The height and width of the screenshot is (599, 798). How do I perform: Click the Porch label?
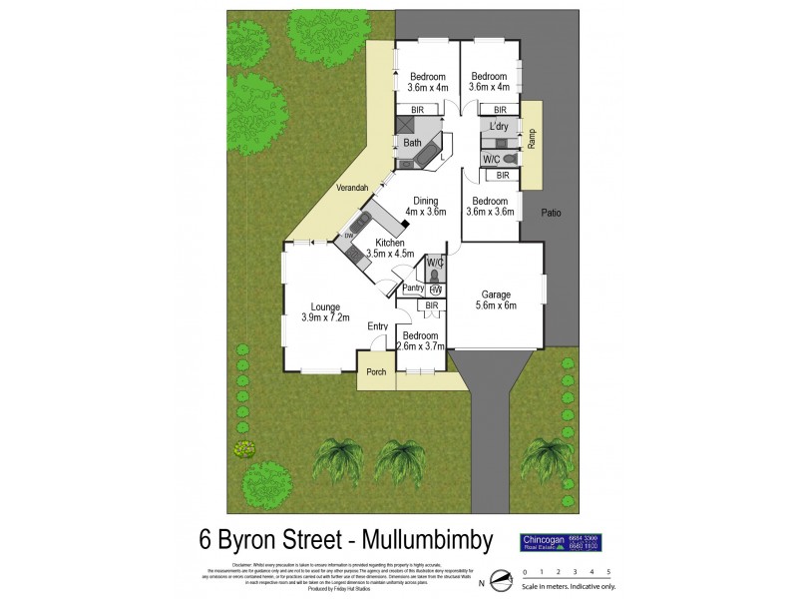pos(376,372)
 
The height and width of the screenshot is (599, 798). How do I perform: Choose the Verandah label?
pos(353,189)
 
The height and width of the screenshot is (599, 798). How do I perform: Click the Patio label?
pos(550,213)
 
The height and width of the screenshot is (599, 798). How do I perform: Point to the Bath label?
pos(412,144)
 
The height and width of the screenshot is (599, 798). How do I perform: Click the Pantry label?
pos(413,289)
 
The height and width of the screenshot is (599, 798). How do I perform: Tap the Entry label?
pos(377,326)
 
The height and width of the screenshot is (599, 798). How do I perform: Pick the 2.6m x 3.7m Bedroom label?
pos(420,341)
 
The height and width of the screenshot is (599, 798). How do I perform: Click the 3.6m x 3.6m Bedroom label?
pos(491,206)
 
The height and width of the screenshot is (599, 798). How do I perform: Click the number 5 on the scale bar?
pos(622,572)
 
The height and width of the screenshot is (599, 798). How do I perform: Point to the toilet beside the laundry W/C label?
pos(508,160)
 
